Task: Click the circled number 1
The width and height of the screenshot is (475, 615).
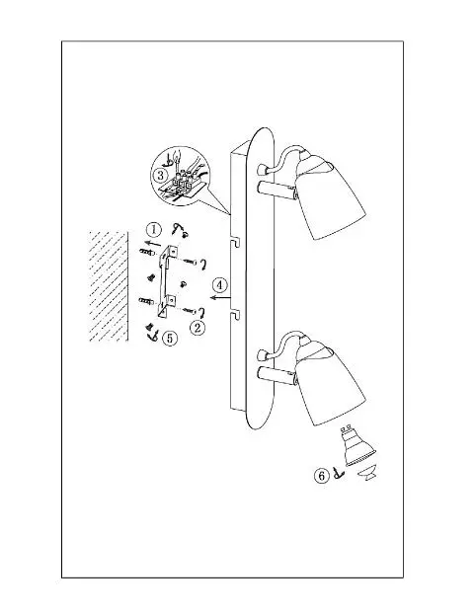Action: coord(154,229)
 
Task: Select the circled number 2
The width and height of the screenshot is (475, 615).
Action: coord(198,327)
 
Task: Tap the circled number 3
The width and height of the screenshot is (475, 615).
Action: coord(160,176)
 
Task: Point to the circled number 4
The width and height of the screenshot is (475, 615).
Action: coord(219,285)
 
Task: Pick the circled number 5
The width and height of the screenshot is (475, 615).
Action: coord(170,338)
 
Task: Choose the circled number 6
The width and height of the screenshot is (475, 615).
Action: coord(322,476)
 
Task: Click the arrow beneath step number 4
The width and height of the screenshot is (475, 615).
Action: coord(220,298)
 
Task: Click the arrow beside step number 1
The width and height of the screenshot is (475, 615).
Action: coord(152,242)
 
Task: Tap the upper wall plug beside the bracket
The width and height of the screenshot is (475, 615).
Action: coord(147,252)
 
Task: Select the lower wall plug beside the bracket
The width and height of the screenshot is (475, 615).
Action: coord(147,301)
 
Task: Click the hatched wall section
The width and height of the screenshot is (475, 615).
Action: coord(109,286)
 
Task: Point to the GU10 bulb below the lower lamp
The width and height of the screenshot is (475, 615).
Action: coord(356,446)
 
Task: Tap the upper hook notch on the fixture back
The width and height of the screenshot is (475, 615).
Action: coord(235,243)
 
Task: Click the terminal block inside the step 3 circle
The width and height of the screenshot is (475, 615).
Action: coord(182,184)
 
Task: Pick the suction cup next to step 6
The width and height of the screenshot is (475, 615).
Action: coord(367,472)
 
